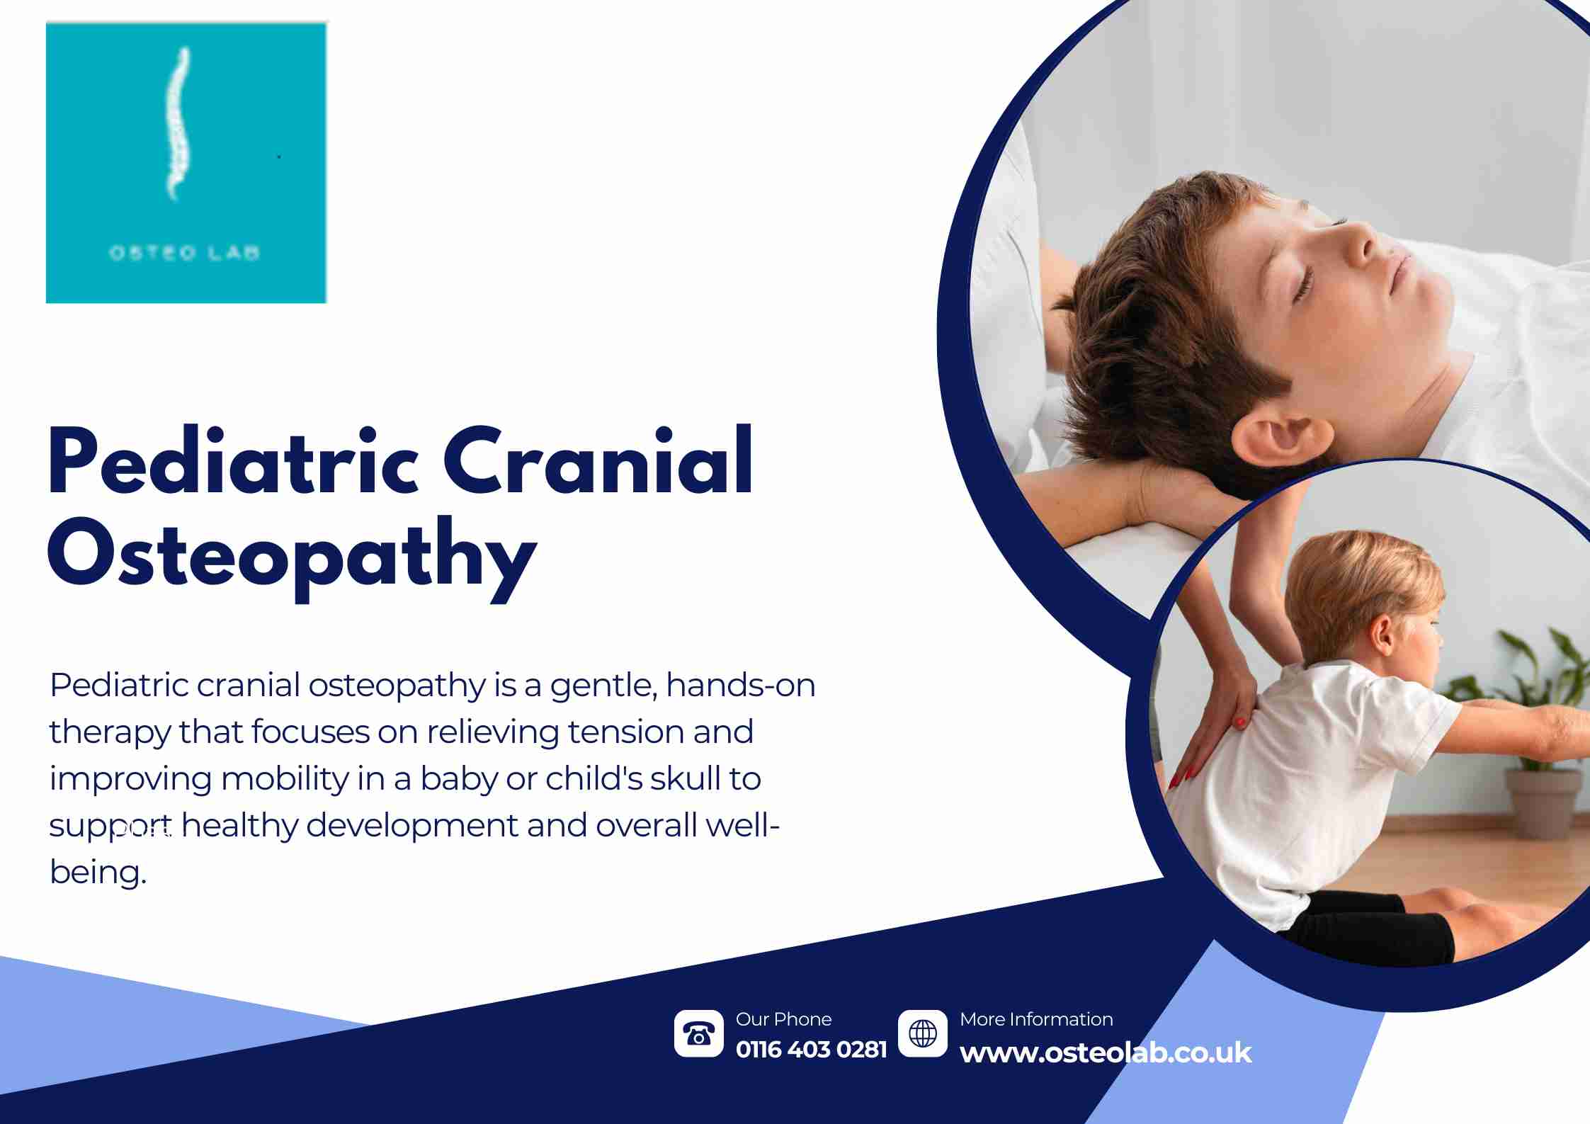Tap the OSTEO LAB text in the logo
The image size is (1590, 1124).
(185, 253)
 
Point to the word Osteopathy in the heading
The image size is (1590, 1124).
(291, 558)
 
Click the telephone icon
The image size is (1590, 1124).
(699, 1034)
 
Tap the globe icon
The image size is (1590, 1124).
(923, 1033)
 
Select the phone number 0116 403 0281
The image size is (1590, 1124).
(811, 1050)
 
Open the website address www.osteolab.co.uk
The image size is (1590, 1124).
(1106, 1053)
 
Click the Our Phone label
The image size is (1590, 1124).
(783, 1019)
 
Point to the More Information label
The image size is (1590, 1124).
(1036, 1019)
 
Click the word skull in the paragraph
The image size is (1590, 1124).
(684, 778)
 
